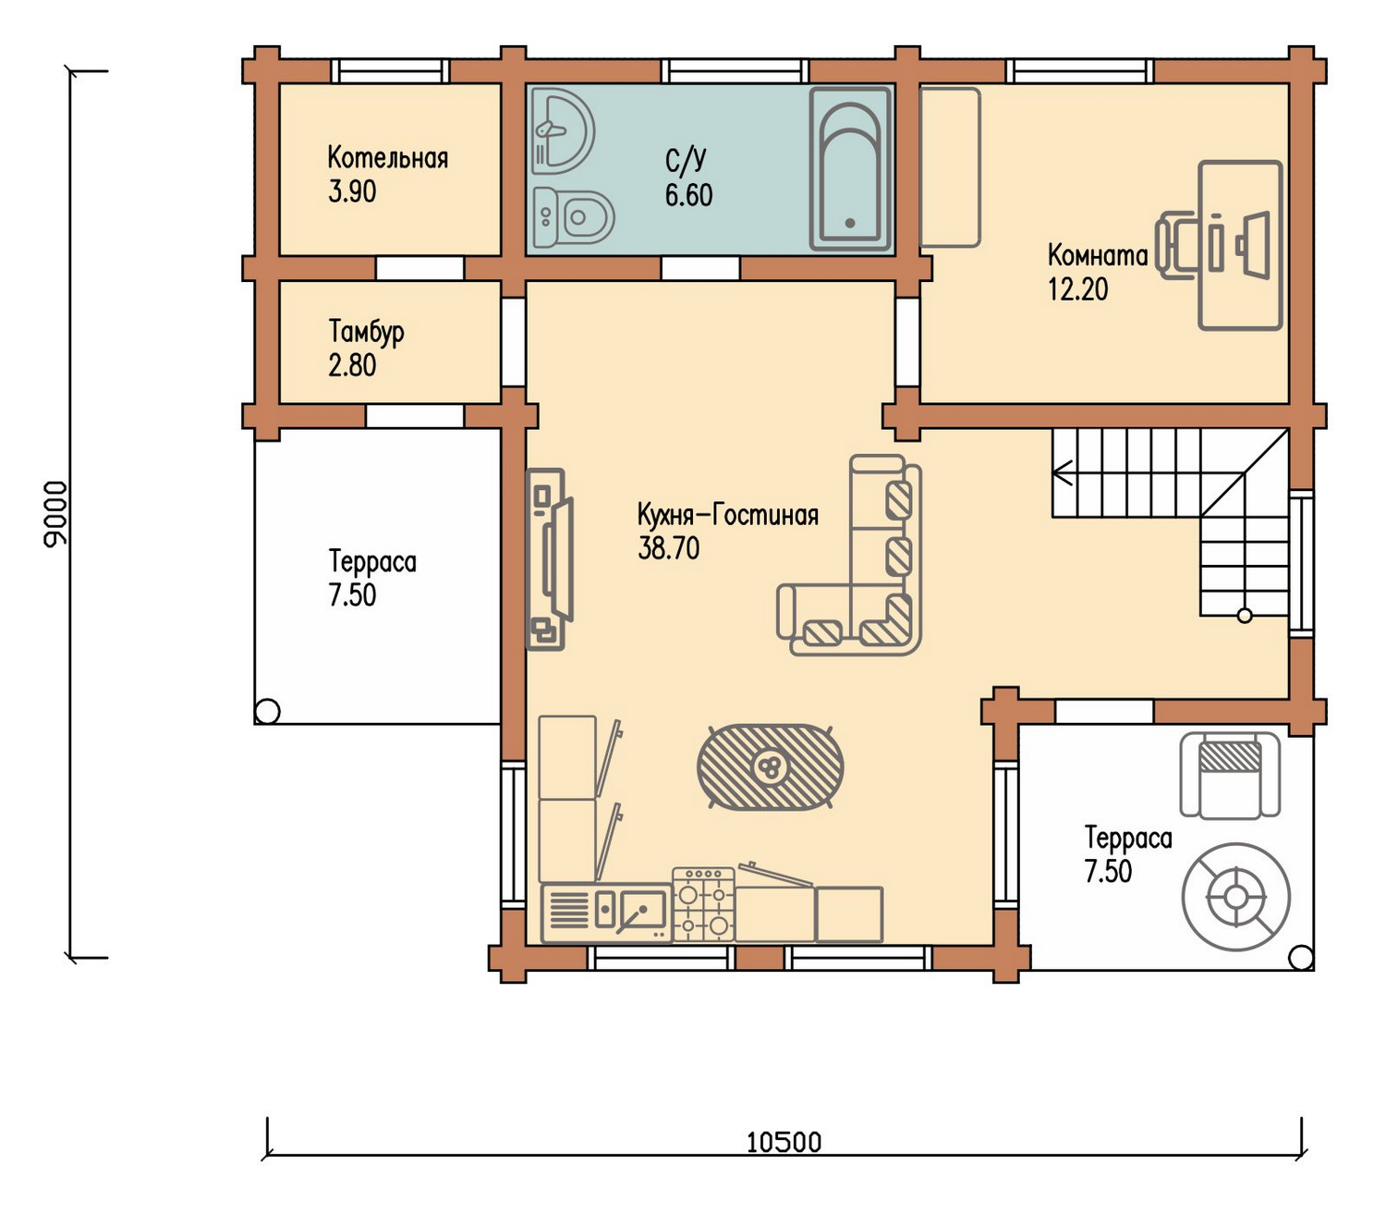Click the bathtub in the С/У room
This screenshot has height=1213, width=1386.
(x=851, y=169)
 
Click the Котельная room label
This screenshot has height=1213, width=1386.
(x=387, y=158)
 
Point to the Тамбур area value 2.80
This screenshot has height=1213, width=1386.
(x=351, y=366)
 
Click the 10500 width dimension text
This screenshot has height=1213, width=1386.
(x=784, y=1143)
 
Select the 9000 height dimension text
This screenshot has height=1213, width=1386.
(x=55, y=514)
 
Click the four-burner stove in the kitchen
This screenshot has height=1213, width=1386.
(x=703, y=905)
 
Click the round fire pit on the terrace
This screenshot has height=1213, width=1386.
(x=1235, y=897)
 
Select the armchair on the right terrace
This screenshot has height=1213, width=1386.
(x=1230, y=775)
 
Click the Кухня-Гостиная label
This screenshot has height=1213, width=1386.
(x=727, y=516)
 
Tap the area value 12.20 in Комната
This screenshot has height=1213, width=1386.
(x=1077, y=290)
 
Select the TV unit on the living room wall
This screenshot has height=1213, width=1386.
(x=550, y=559)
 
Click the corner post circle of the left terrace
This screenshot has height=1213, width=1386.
(x=267, y=712)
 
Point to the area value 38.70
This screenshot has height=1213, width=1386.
(x=668, y=549)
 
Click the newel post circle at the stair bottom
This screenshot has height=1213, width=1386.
(x=1245, y=616)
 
